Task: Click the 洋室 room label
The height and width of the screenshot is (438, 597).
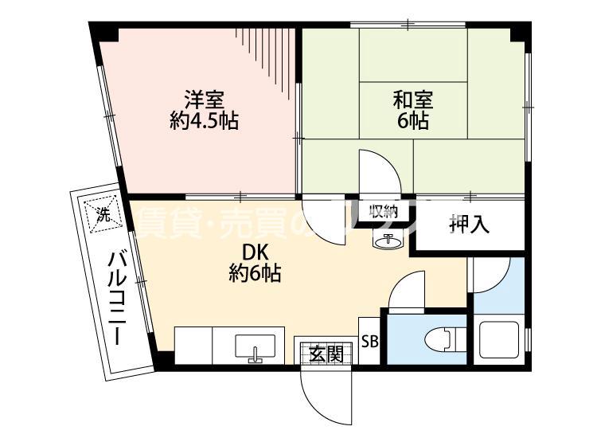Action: [205, 100]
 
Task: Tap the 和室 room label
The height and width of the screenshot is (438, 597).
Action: [413, 100]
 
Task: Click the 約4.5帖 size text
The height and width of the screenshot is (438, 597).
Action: [205, 122]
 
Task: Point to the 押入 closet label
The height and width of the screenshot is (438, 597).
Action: [469, 225]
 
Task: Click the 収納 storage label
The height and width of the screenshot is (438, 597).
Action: [383, 212]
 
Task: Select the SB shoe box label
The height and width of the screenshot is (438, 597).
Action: [370, 342]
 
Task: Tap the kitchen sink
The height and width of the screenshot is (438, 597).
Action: [255, 347]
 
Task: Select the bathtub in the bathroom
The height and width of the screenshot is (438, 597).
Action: [499, 339]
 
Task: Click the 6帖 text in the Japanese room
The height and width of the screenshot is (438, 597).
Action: [413, 122]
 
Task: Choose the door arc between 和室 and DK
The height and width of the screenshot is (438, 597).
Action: [378, 171]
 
